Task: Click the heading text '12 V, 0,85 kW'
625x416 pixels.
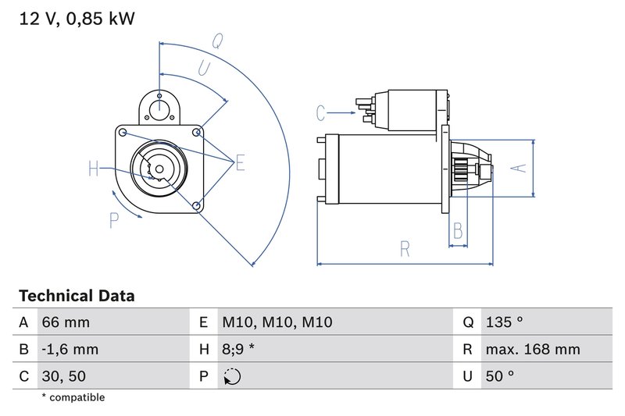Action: point(77,19)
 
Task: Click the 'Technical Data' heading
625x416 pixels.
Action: point(77,296)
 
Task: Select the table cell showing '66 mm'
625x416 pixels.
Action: point(66,322)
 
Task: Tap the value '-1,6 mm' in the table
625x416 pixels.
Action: point(70,349)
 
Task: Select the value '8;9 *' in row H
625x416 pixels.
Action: point(240,349)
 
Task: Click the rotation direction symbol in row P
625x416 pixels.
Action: point(232,376)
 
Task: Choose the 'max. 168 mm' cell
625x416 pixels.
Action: point(532,349)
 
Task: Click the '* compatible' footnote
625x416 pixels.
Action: point(73,397)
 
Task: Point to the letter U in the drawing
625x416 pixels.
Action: point(205,69)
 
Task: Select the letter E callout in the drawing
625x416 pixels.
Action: point(240,162)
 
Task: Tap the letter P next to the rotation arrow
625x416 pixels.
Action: point(114,221)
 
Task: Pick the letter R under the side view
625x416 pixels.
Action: point(405,249)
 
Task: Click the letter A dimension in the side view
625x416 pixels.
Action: point(516,166)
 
